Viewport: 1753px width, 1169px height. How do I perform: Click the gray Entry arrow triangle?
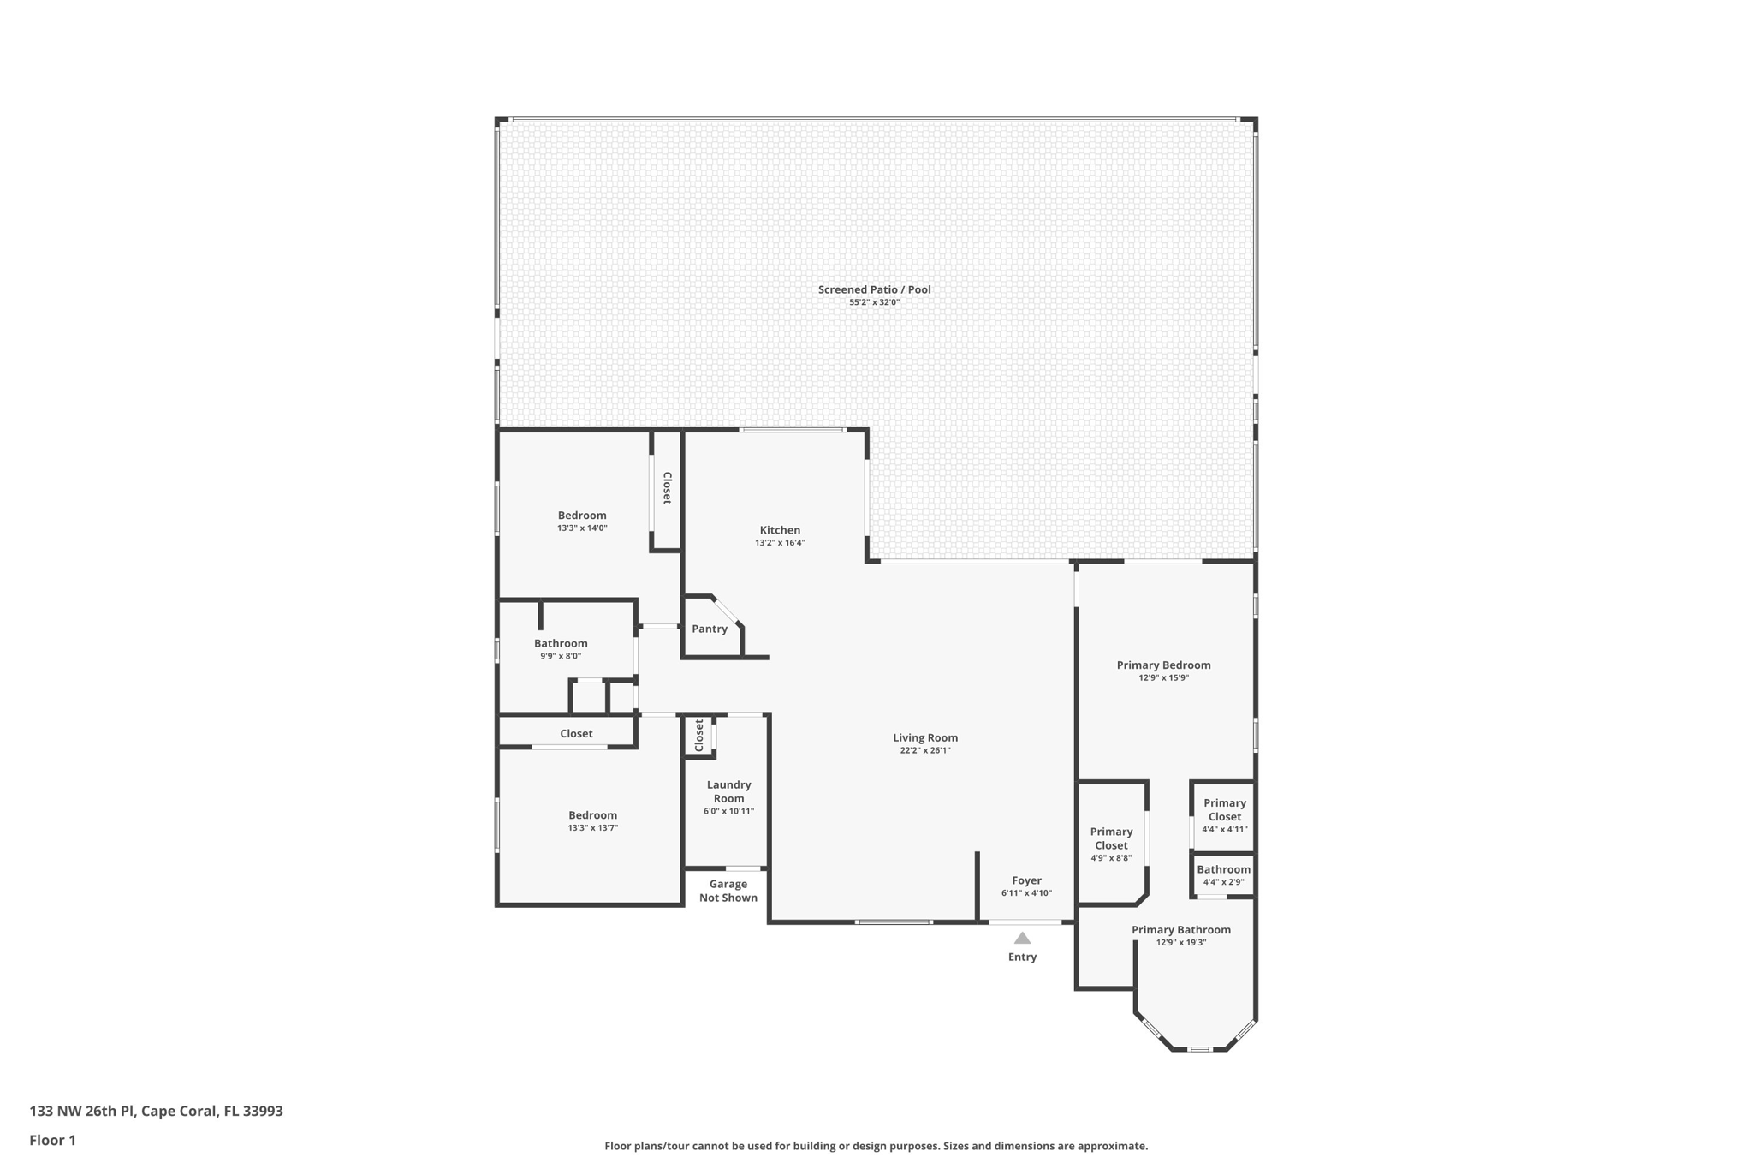[1022, 938]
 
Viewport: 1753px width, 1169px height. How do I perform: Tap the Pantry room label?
[710, 629]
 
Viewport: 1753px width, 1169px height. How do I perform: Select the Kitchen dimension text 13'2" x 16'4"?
[780, 543]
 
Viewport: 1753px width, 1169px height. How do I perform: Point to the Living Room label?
[925, 737]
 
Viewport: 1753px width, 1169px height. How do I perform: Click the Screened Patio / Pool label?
[874, 289]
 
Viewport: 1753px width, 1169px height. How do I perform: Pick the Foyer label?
[1026, 880]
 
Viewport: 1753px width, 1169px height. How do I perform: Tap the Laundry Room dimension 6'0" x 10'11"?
[728, 811]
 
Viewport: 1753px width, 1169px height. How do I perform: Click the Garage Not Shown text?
[728, 891]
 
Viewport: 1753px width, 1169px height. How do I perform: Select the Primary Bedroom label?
[1163, 665]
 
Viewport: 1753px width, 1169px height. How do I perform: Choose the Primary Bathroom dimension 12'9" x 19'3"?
[1181, 942]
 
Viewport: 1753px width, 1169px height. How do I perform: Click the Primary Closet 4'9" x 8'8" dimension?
[1111, 857]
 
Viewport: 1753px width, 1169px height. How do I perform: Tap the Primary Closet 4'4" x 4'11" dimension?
[1224, 829]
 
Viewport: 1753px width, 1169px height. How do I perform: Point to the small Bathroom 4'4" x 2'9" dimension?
[1223, 882]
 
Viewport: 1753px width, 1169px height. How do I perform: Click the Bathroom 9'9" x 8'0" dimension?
[561, 656]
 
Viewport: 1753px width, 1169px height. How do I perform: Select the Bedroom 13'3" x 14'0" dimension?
[582, 528]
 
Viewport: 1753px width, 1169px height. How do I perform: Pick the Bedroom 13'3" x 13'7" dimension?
[592, 828]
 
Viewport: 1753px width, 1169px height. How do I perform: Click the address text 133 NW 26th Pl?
[81, 1112]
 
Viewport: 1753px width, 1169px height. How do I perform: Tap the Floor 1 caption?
[52, 1141]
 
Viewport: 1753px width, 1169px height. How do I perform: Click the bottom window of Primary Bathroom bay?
[1199, 1049]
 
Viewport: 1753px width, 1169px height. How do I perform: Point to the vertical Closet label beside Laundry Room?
[699, 735]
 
